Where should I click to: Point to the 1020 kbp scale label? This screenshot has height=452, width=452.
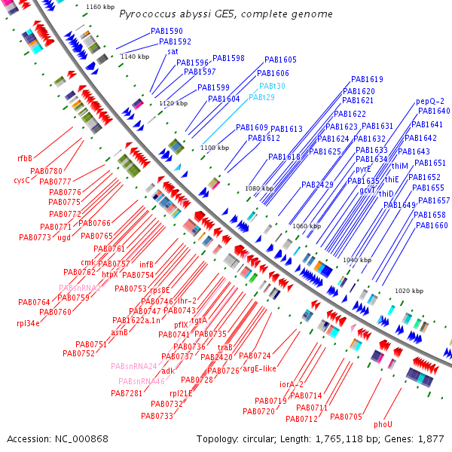click(410, 291)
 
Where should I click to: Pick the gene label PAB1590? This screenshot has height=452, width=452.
click(166, 32)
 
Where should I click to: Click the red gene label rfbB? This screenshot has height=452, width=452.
click(25, 159)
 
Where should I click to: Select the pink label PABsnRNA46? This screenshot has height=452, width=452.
click(141, 381)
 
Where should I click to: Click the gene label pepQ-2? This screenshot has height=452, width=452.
click(430, 101)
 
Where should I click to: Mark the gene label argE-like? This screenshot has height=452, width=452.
click(259, 368)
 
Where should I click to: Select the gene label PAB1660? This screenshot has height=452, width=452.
click(432, 225)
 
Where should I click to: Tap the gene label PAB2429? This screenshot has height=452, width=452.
click(317, 185)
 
